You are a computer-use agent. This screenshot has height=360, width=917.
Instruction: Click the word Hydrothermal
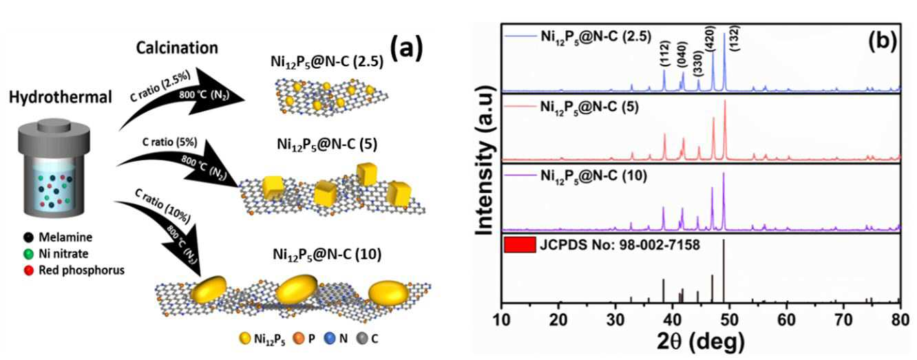pyautogui.click(x=60, y=97)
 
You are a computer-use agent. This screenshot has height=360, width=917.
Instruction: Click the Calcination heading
pyautogui.click(x=177, y=48)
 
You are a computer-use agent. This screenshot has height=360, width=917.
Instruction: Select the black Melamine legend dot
pyautogui.click(x=28, y=237)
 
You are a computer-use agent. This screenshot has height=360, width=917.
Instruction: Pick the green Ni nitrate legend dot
pyautogui.click(x=28, y=254)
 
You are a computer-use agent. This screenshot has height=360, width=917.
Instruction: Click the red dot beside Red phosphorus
pyautogui.click(x=28, y=271)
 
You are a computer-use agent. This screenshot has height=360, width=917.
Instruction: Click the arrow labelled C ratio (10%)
pyautogui.click(x=172, y=229)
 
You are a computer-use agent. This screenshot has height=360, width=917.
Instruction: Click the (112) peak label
pyautogui.click(x=664, y=54)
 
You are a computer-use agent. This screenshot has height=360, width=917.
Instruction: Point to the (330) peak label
pyautogui.click(x=698, y=63)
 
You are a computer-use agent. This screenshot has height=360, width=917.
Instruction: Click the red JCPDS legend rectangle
pyautogui.click(x=520, y=244)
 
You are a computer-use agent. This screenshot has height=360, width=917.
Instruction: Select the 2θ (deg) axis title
pyautogui.click(x=701, y=342)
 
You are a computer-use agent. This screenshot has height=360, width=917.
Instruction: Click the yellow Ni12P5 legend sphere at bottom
pyautogui.click(x=245, y=339)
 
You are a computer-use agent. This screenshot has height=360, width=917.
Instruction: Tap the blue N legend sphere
pyautogui.click(x=330, y=339)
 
